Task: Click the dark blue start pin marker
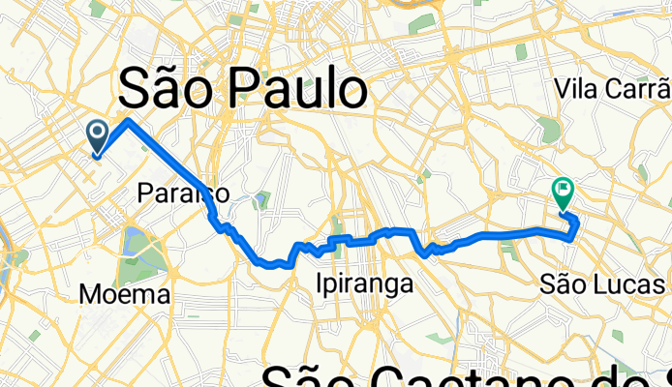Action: (x=98, y=136)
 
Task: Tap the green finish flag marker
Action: (x=562, y=193)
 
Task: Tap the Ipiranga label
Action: (x=365, y=284)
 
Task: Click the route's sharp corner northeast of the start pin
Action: (x=128, y=120)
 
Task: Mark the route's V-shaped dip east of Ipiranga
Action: (x=424, y=253)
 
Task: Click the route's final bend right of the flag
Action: (x=577, y=224)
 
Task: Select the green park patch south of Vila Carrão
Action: (x=549, y=129)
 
